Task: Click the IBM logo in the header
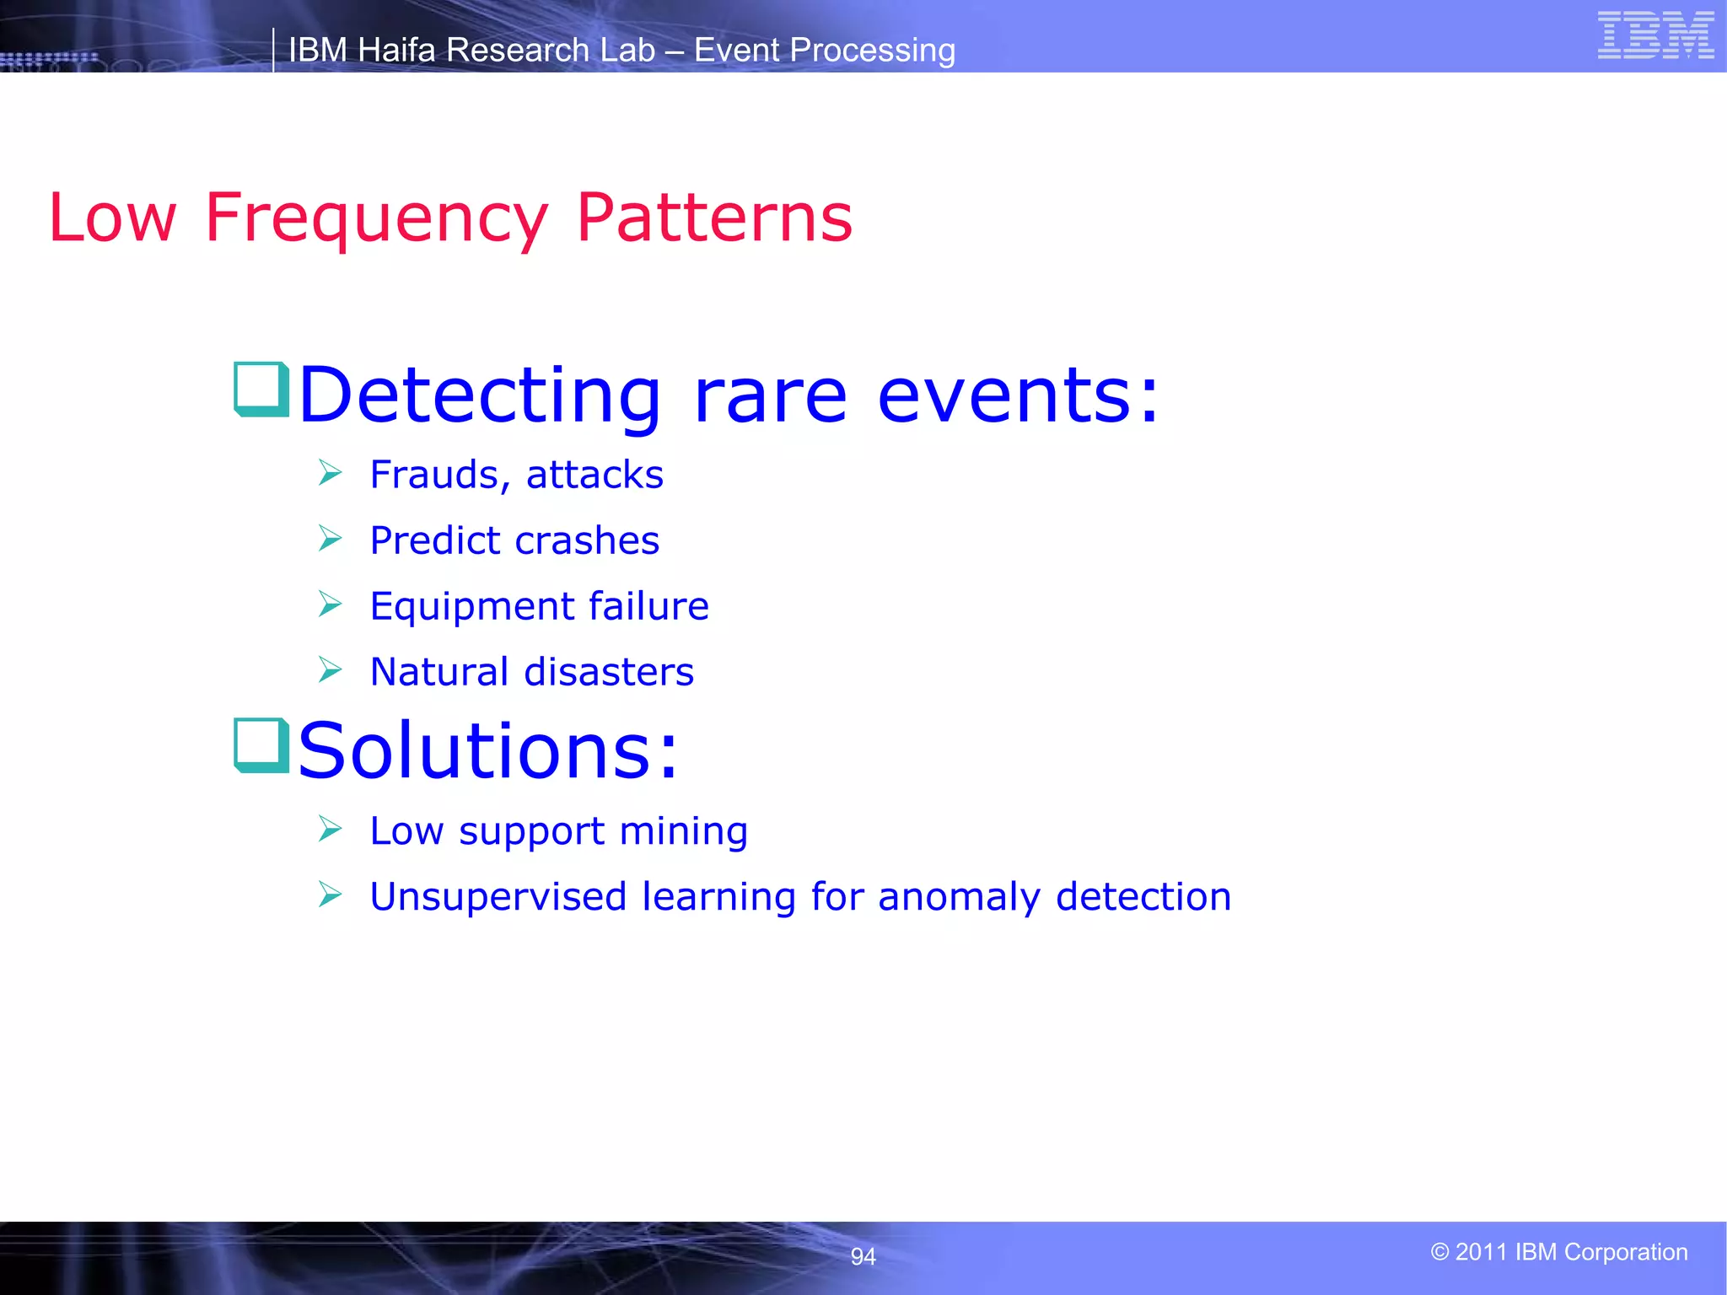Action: [x=1655, y=35]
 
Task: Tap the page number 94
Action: [x=863, y=1257]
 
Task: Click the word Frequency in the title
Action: [x=376, y=218]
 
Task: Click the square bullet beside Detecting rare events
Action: [x=261, y=390]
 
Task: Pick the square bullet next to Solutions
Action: [x=261, y=745]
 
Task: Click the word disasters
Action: [x=609, y=672]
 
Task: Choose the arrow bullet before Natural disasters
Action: [x=330, y=670]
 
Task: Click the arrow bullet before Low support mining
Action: [x=330, y=830]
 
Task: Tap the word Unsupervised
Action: [x=498, y=896]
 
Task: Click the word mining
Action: [x=683, y=832]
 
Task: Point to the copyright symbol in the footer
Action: [x=1439, y=1252]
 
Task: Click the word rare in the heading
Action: [x=769, y=396]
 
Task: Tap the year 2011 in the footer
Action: [x=1481, y=1252]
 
